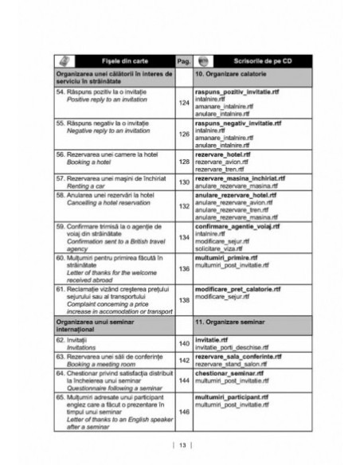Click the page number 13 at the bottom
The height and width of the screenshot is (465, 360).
click(181, 444)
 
